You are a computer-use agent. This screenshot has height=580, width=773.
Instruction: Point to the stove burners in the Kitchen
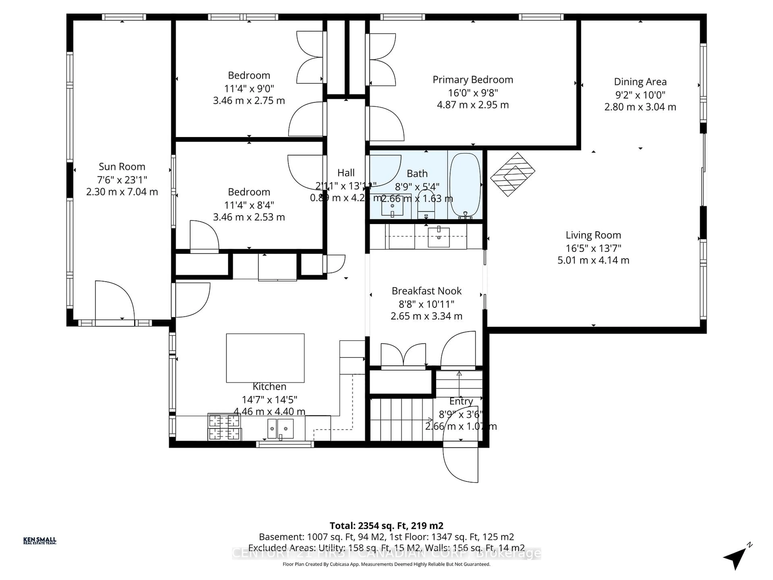click(x=224, y=427)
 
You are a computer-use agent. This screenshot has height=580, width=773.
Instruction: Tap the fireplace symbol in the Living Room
click(x=512, y=174)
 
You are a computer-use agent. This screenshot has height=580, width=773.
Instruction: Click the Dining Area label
click(x=640, y=82)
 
